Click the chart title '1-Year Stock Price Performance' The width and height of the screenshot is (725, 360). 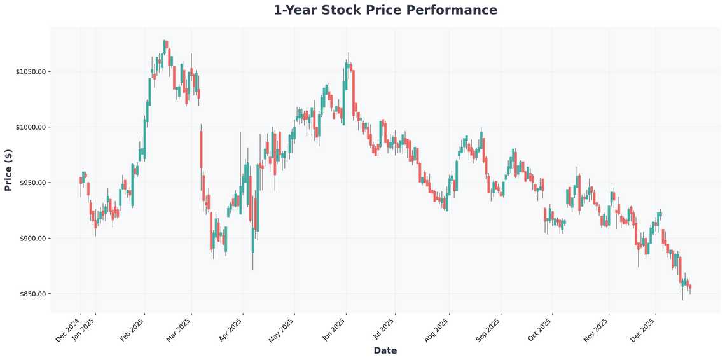(x=385, y=10)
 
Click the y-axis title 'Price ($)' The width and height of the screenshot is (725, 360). (x=8, y=169)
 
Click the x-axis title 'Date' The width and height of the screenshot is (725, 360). (x=385, y=350)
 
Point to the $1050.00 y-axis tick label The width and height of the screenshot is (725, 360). (x=31, y=72)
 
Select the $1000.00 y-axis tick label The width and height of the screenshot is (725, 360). (x=31, y=127)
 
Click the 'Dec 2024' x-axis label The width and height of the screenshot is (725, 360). (x=69, y=329)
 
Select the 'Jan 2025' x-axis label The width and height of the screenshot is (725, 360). (x=84, y=329)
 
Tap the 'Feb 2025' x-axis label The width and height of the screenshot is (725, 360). (x=132, y=329)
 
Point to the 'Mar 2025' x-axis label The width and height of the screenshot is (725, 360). (x=179, y=329)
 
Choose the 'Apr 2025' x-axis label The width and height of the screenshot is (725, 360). (x=230, y=329)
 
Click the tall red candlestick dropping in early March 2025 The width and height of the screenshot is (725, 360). (x=201, y=149)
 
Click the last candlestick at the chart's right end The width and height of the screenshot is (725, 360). (x=690, y=287)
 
